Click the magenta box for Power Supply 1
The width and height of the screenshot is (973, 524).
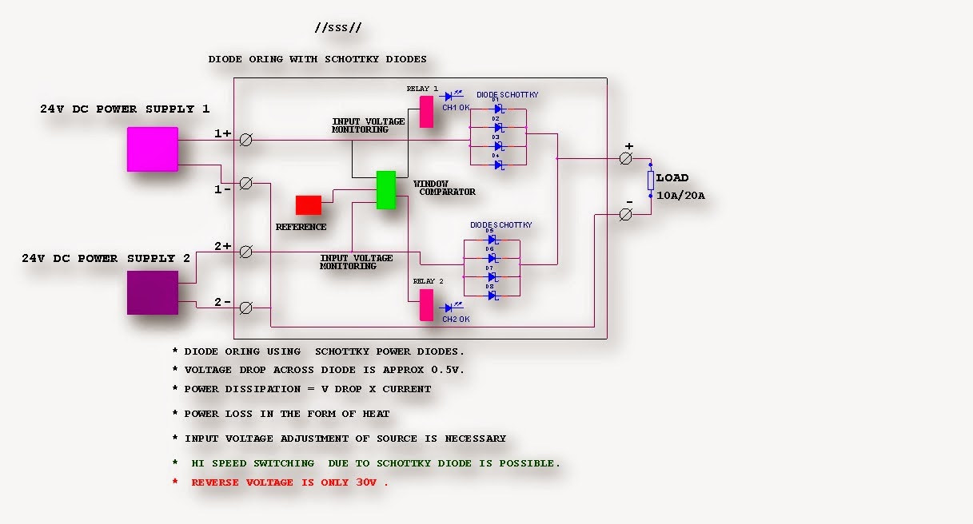point(152,149)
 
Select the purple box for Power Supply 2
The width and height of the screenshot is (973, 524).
point(152,292)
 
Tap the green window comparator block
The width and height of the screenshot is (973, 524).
point(386,190)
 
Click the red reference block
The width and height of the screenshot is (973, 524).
point(309,205)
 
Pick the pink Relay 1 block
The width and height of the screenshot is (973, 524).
point(426,112)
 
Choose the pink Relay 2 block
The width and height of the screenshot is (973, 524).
point(426,305)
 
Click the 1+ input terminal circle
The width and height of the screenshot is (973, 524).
point(246,140)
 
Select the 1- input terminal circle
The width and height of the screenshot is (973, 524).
point(246,184)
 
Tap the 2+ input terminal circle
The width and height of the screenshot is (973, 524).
point(246,252)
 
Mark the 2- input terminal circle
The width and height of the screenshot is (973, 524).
point(246,308)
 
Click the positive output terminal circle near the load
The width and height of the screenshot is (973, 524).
point(626,159)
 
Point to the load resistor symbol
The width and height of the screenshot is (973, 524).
point(651,181)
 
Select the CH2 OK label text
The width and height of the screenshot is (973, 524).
point(456,320)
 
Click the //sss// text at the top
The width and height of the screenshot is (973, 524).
point(338,28)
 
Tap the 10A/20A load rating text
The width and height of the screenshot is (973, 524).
point(680,196)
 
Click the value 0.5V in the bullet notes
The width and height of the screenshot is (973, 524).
point(449,370)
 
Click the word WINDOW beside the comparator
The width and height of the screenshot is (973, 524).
point(431,184)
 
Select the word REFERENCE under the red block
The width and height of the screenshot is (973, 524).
point(301,227)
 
